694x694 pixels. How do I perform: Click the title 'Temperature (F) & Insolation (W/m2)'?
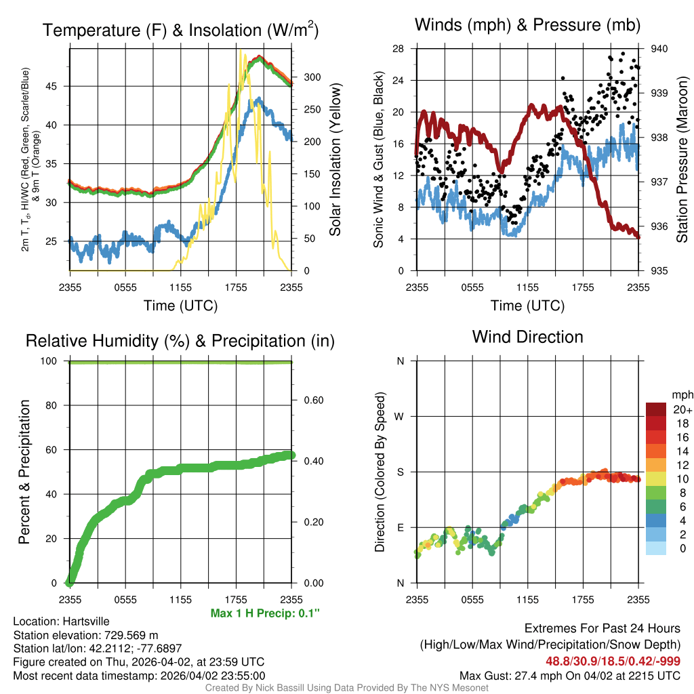(181, 30)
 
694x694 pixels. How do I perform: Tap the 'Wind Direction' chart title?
(527, 337)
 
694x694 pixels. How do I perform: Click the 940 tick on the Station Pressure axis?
(659, 49)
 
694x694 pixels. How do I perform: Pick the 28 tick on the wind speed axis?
(399, 49)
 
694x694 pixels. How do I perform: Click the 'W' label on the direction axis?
(400, 416)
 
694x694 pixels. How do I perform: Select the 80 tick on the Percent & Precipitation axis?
(56, 405)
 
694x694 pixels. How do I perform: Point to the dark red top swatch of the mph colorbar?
(656, 409)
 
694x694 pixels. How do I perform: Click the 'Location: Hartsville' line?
(61, 621)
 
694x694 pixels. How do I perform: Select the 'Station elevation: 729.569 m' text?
(85, 635)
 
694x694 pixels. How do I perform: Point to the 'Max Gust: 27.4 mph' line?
(569, 675)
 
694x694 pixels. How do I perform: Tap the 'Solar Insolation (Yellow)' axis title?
(334, 160)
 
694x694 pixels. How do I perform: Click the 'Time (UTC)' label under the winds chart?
(528, 306)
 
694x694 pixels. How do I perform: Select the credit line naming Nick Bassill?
(347, 688)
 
